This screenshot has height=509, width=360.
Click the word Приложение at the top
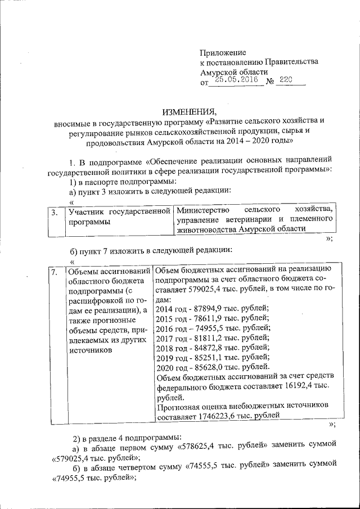[x=223, y=51]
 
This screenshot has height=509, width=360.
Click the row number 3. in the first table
[x=54, y=213]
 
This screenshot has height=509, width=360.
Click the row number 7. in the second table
[x=54, y=273]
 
